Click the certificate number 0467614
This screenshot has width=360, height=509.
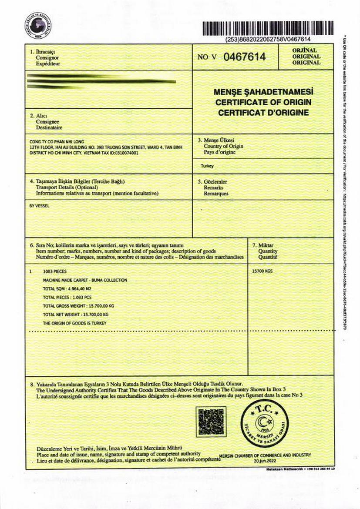[244, 57]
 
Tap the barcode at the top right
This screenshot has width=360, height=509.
[267, 29]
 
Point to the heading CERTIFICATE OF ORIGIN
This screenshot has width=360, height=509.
[263, 102]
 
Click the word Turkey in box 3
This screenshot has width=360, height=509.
[207, 166]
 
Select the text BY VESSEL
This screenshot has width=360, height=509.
[39, 206]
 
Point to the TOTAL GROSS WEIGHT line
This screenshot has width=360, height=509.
[78, 306]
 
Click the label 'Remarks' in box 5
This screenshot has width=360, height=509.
[213, 188]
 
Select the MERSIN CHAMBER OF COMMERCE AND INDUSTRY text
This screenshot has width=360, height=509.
[265, 455]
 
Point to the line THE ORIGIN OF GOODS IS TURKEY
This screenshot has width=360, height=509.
[74, 323]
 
